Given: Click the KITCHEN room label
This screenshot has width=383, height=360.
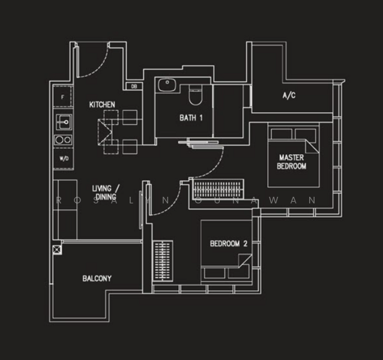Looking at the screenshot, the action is [x=102, y=105].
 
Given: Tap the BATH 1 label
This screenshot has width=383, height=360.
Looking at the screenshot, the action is [x=191, y=118].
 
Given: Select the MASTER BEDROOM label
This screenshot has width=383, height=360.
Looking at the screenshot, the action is [x=292, y=161].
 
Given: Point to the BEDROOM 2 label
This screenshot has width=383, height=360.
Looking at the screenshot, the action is [x=229, y=244].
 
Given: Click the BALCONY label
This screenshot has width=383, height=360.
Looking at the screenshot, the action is [x=97, y=278].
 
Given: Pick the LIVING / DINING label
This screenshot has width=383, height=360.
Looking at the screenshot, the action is [x=106, y=193].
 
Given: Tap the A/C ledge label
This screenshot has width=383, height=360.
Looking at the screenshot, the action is [x=289, y=95].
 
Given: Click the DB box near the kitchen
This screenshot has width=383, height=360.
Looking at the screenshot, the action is [x=134, y=86].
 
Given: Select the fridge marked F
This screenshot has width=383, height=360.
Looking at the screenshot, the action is [x=63, y=97].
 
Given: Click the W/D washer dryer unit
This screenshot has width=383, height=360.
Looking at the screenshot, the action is [x=64, y=158].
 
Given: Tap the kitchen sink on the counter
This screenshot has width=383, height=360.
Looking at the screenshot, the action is [x=64, y=122].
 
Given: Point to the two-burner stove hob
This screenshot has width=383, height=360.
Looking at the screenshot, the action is [x=63, y=140].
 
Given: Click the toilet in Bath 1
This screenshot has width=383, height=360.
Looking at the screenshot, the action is [x=196, y=95].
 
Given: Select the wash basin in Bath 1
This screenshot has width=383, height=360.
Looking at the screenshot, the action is [x=167, y=85].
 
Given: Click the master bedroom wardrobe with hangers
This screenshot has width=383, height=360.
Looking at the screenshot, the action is [x=218, y=190].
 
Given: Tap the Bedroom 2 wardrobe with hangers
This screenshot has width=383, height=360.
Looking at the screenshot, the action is [x=163, y=260].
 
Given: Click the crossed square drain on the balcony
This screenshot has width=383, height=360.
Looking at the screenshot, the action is [x=57, y=250].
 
